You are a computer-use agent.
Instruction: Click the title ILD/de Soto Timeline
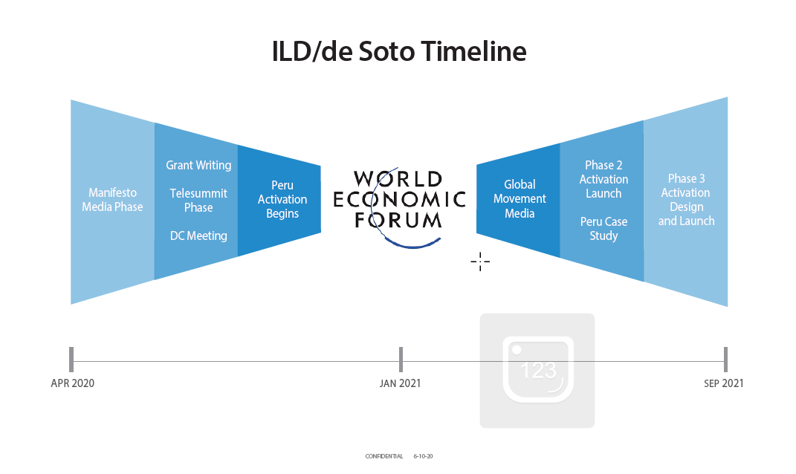point(399,51)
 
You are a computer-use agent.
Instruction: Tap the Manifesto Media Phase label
point(112,199)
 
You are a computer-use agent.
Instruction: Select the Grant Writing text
point(198,166)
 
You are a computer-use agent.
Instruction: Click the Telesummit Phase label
point(198,201)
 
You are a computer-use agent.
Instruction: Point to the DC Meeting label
point(198,236)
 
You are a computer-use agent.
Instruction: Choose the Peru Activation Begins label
point(282,199)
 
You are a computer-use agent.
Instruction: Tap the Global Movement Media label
point(520,199)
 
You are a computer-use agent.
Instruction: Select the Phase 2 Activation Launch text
point(604,179)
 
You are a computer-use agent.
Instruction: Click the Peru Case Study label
point(604,229)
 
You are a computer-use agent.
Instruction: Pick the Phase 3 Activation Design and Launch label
point(686,200)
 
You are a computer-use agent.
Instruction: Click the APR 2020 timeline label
point(73,383)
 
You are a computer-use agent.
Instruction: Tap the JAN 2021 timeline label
point(400,383)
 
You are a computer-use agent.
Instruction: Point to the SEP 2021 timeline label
point(723,383)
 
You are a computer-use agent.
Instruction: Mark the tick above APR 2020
point(71,360)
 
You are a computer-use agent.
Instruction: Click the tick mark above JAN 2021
point(401,360)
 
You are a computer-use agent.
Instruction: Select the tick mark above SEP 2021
point(725,360)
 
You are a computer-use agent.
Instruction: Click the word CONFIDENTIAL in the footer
point(384,456)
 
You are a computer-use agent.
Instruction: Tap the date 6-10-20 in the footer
point(423,456)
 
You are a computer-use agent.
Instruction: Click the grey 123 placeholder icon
point(537,371)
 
